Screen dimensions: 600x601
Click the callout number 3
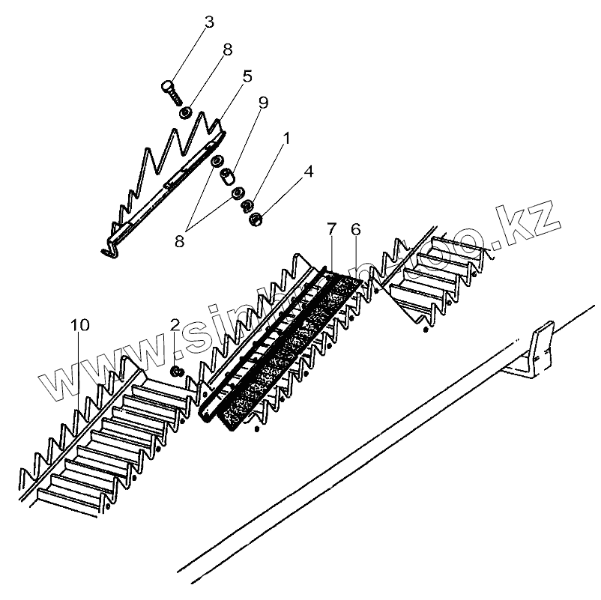click(x=209, y=22)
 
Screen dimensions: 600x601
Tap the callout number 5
click(x=247, y=76)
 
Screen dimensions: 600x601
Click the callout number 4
click(x=308, y=172)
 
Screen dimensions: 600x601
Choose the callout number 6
click(x=355, y=228)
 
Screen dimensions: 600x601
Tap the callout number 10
click(x=80, y=325)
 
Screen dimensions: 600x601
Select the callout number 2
click(x=175, y=325)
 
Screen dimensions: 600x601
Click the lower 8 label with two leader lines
click(x=179, y=240)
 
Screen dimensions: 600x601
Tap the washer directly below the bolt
click(x=184, y=114)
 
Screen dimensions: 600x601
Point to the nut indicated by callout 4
click(x=256, y=219)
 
